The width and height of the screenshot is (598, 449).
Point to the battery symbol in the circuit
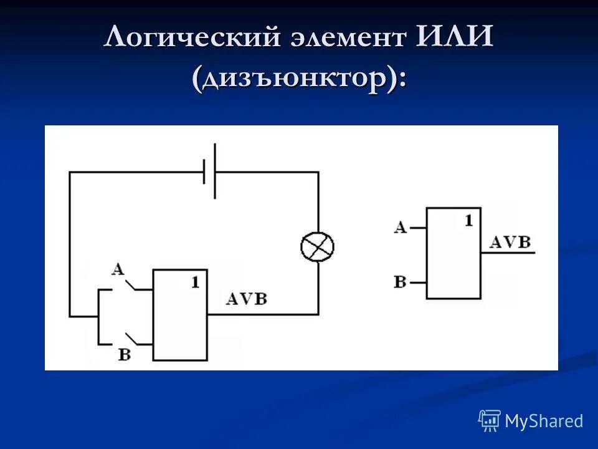[210, 171]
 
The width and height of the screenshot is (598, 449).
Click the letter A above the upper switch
[118, 269]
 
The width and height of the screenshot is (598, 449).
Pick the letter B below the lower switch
[125, 355]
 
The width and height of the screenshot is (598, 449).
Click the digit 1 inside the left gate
[195, 282]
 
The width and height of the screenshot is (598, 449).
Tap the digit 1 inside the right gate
[468, 220]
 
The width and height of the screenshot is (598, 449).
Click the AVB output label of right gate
[510, 243]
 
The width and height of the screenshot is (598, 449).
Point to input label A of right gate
[400, 227]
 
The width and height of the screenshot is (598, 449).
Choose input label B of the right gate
[400, 282]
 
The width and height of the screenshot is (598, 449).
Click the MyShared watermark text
[544, 421]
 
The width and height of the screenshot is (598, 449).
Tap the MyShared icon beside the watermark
[490, 421]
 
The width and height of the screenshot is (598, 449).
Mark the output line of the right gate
[508, 253]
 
